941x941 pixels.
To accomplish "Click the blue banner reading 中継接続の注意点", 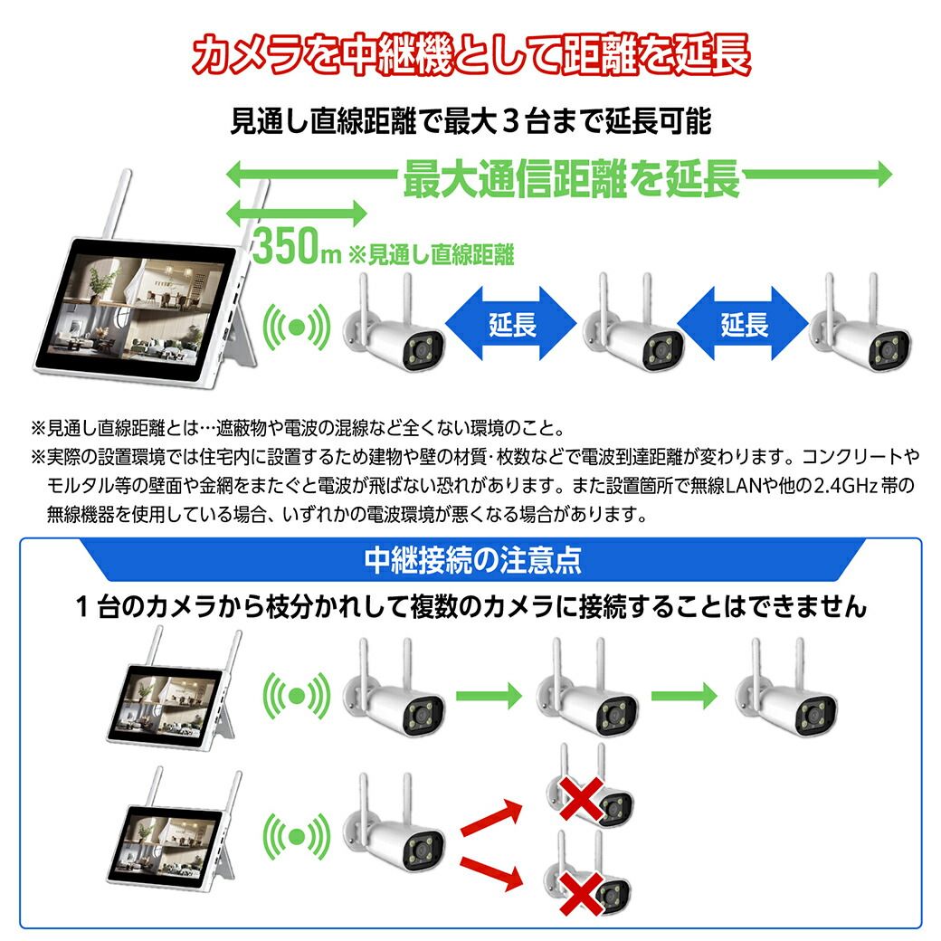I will pyautogui.click(x=471, y=560).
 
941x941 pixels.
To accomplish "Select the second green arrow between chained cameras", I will pyautogui.click(x=684, y=696).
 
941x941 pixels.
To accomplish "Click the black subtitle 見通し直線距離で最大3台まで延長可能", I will pyautogui.click(x=471, y=121).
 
